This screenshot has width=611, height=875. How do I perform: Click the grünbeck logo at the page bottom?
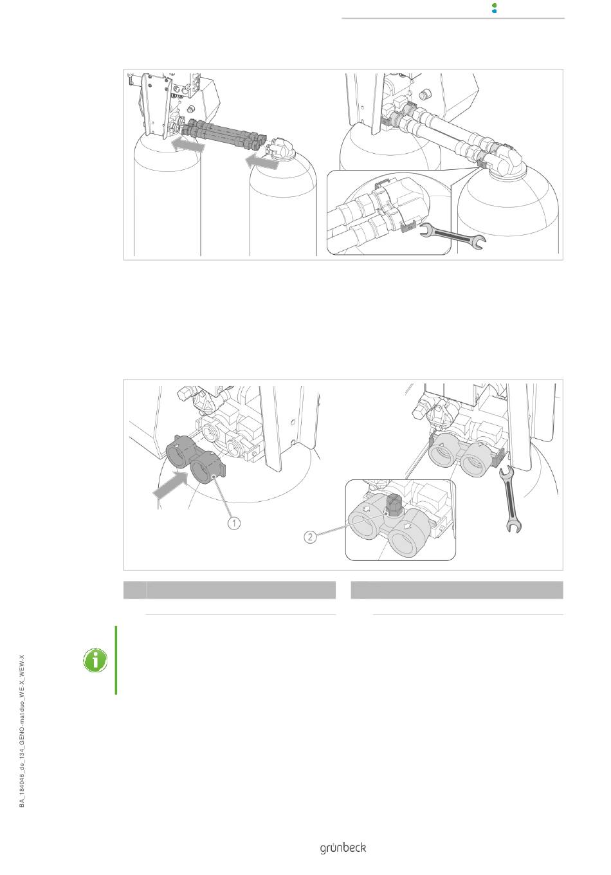point(343,848)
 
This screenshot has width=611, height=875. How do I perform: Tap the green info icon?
point(95,660)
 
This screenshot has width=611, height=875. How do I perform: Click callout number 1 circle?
point(234,522)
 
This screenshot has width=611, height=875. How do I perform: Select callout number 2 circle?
point(311,537)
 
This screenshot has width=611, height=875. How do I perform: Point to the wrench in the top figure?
point(453,235)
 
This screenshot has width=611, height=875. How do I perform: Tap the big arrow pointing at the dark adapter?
point(170,484)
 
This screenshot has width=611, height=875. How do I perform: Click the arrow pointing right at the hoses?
point(188,145)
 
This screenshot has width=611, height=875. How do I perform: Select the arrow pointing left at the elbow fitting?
point(262,161)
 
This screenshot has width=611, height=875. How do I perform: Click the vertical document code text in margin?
point(22,731)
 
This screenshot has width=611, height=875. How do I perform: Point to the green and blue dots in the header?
point(494,8)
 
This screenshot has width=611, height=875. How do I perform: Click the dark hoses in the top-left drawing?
point(223,134)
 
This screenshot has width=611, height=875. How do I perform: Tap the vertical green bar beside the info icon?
point(116,660)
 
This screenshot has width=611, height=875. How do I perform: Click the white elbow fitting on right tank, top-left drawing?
point(282,147)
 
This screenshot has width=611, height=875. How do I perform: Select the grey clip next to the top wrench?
point(408,226)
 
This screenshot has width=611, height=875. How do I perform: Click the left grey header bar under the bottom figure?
point(230,590)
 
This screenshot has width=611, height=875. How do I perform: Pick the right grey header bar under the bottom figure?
point(457,590)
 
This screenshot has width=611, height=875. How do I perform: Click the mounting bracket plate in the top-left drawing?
point(156,105)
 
